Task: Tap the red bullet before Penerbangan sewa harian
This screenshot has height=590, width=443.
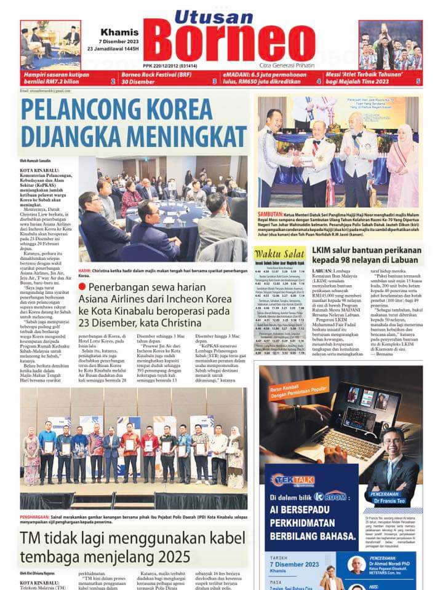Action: click(x=82, y=287)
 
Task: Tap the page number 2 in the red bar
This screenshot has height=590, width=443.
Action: click(x=113, y=81)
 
